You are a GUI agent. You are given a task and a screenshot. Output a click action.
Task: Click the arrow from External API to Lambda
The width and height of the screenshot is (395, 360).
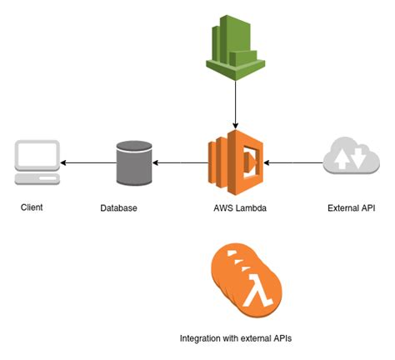coord(292,162)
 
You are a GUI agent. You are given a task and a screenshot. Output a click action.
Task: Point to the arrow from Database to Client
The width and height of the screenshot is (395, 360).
coord(87,162)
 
